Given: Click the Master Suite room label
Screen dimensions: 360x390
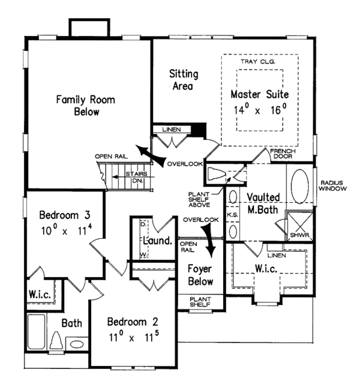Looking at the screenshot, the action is pos(260,94).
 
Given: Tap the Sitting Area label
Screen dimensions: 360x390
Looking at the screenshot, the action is pos(184,80).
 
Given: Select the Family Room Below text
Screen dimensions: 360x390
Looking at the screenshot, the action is pos(86,106).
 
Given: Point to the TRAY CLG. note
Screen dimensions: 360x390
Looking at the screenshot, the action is pos(258,61).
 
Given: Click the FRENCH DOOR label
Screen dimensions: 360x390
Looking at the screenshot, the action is pos(283,154).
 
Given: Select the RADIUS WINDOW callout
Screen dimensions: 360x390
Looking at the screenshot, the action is pos(332,186).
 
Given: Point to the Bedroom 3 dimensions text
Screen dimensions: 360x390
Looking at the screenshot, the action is pos(67,230).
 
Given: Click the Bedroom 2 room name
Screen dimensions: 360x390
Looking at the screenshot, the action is pos(133,322).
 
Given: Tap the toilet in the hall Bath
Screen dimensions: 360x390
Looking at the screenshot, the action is pos(56,341).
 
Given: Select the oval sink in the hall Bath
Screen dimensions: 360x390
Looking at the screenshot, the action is pos(77,344).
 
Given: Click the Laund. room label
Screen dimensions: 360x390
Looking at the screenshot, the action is pos(158,241).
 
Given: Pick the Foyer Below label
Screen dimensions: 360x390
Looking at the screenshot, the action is pos(200,275).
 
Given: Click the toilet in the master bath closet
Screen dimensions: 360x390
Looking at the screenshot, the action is pos(216,173).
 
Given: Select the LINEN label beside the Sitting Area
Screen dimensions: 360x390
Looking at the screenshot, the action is pos(172,130).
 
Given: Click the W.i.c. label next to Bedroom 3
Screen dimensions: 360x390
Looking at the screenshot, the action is pos(40,295).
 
